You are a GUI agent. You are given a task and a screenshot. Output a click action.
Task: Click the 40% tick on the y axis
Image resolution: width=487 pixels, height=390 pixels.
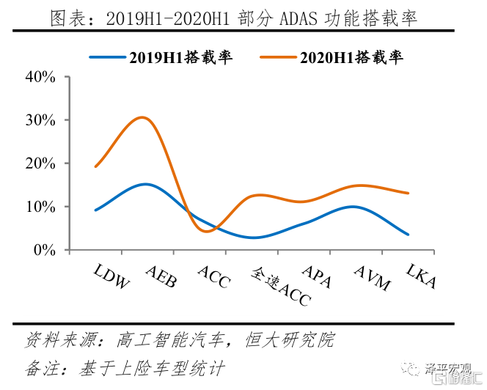pos(40,76)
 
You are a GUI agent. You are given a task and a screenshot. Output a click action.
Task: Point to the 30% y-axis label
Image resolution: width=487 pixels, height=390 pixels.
pos(40,119)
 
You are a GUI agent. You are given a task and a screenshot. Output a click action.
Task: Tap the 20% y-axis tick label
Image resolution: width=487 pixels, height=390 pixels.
pos(40,163)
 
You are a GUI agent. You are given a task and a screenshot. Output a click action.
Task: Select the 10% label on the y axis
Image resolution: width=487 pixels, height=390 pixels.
pos(40,207)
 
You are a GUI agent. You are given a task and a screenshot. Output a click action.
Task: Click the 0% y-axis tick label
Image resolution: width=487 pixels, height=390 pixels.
pos(45,250)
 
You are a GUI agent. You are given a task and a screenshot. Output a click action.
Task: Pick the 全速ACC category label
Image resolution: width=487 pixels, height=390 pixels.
pos(281,286)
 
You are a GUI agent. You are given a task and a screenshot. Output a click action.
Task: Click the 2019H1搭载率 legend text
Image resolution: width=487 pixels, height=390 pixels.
pos(181,57)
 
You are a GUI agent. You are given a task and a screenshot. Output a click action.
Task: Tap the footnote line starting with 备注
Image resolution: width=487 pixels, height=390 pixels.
pos(125,367)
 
